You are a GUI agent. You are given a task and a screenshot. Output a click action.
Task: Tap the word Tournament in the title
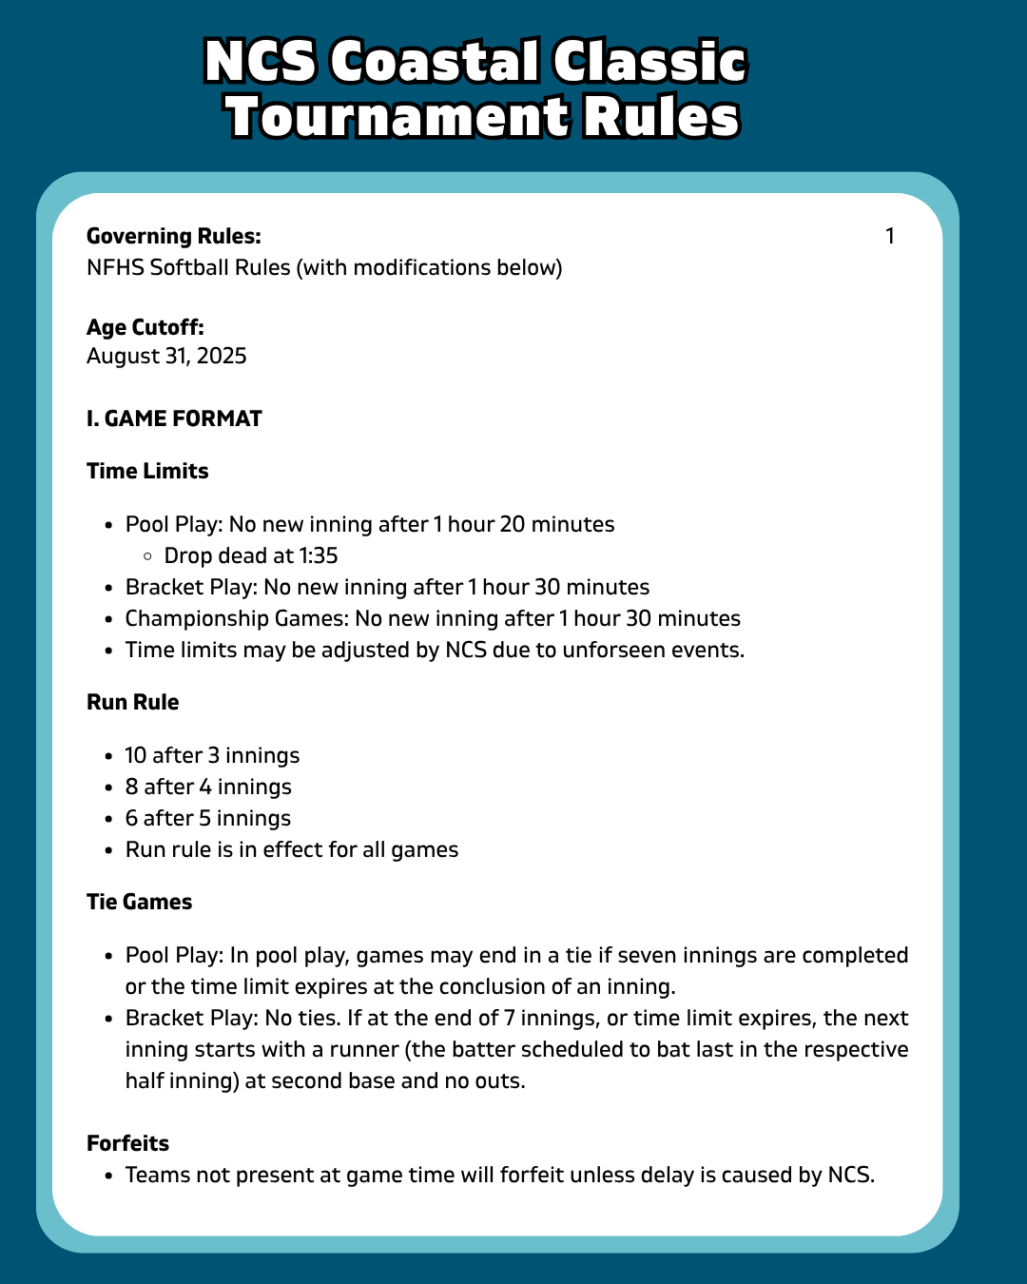[396, 118]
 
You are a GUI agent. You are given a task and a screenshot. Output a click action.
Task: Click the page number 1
[890, 236]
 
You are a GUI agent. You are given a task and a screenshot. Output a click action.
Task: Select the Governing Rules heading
[173, 236]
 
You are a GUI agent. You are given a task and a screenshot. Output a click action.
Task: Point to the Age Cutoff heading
[145, 327]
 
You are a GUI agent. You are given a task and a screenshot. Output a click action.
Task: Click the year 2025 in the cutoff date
[222, 356]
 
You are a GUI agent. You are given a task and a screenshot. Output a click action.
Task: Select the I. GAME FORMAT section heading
[174, 418]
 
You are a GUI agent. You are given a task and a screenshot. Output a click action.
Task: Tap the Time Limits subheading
[147, 471]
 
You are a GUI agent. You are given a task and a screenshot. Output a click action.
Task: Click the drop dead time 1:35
[319, 555]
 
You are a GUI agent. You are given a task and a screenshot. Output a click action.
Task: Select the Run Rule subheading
[132, 702]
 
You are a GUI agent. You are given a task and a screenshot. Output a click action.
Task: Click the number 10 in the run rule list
[136, 755]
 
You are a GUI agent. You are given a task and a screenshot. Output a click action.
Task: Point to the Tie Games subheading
[139, 902]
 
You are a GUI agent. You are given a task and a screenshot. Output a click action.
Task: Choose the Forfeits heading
[127, 1143]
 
